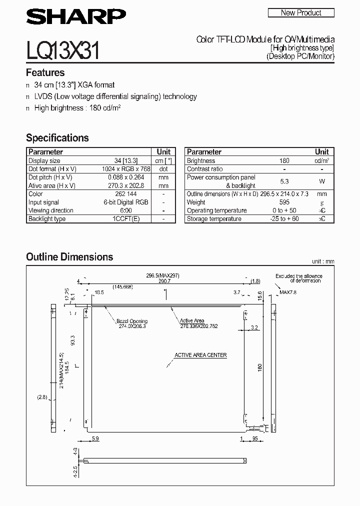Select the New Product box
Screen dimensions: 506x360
(x=301, y=12)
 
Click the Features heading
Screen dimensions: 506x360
(x=45, y=72)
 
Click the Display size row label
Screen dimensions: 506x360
(x=44, y=161)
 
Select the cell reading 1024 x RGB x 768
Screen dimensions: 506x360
(x=125, y=169)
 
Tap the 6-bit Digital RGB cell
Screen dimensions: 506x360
(x=125, y=202)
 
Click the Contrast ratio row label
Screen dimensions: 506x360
(x=205, y=169)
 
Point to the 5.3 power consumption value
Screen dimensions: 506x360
(x=284, y=181)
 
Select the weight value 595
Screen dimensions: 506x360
(x=284, y=202)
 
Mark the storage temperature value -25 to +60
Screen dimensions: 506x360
(x=284, y=219)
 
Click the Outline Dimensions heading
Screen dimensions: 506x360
(x=69, y=257)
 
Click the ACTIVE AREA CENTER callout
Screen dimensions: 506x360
(x=200, y=355)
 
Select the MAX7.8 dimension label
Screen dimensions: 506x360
(x=288, y=292)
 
